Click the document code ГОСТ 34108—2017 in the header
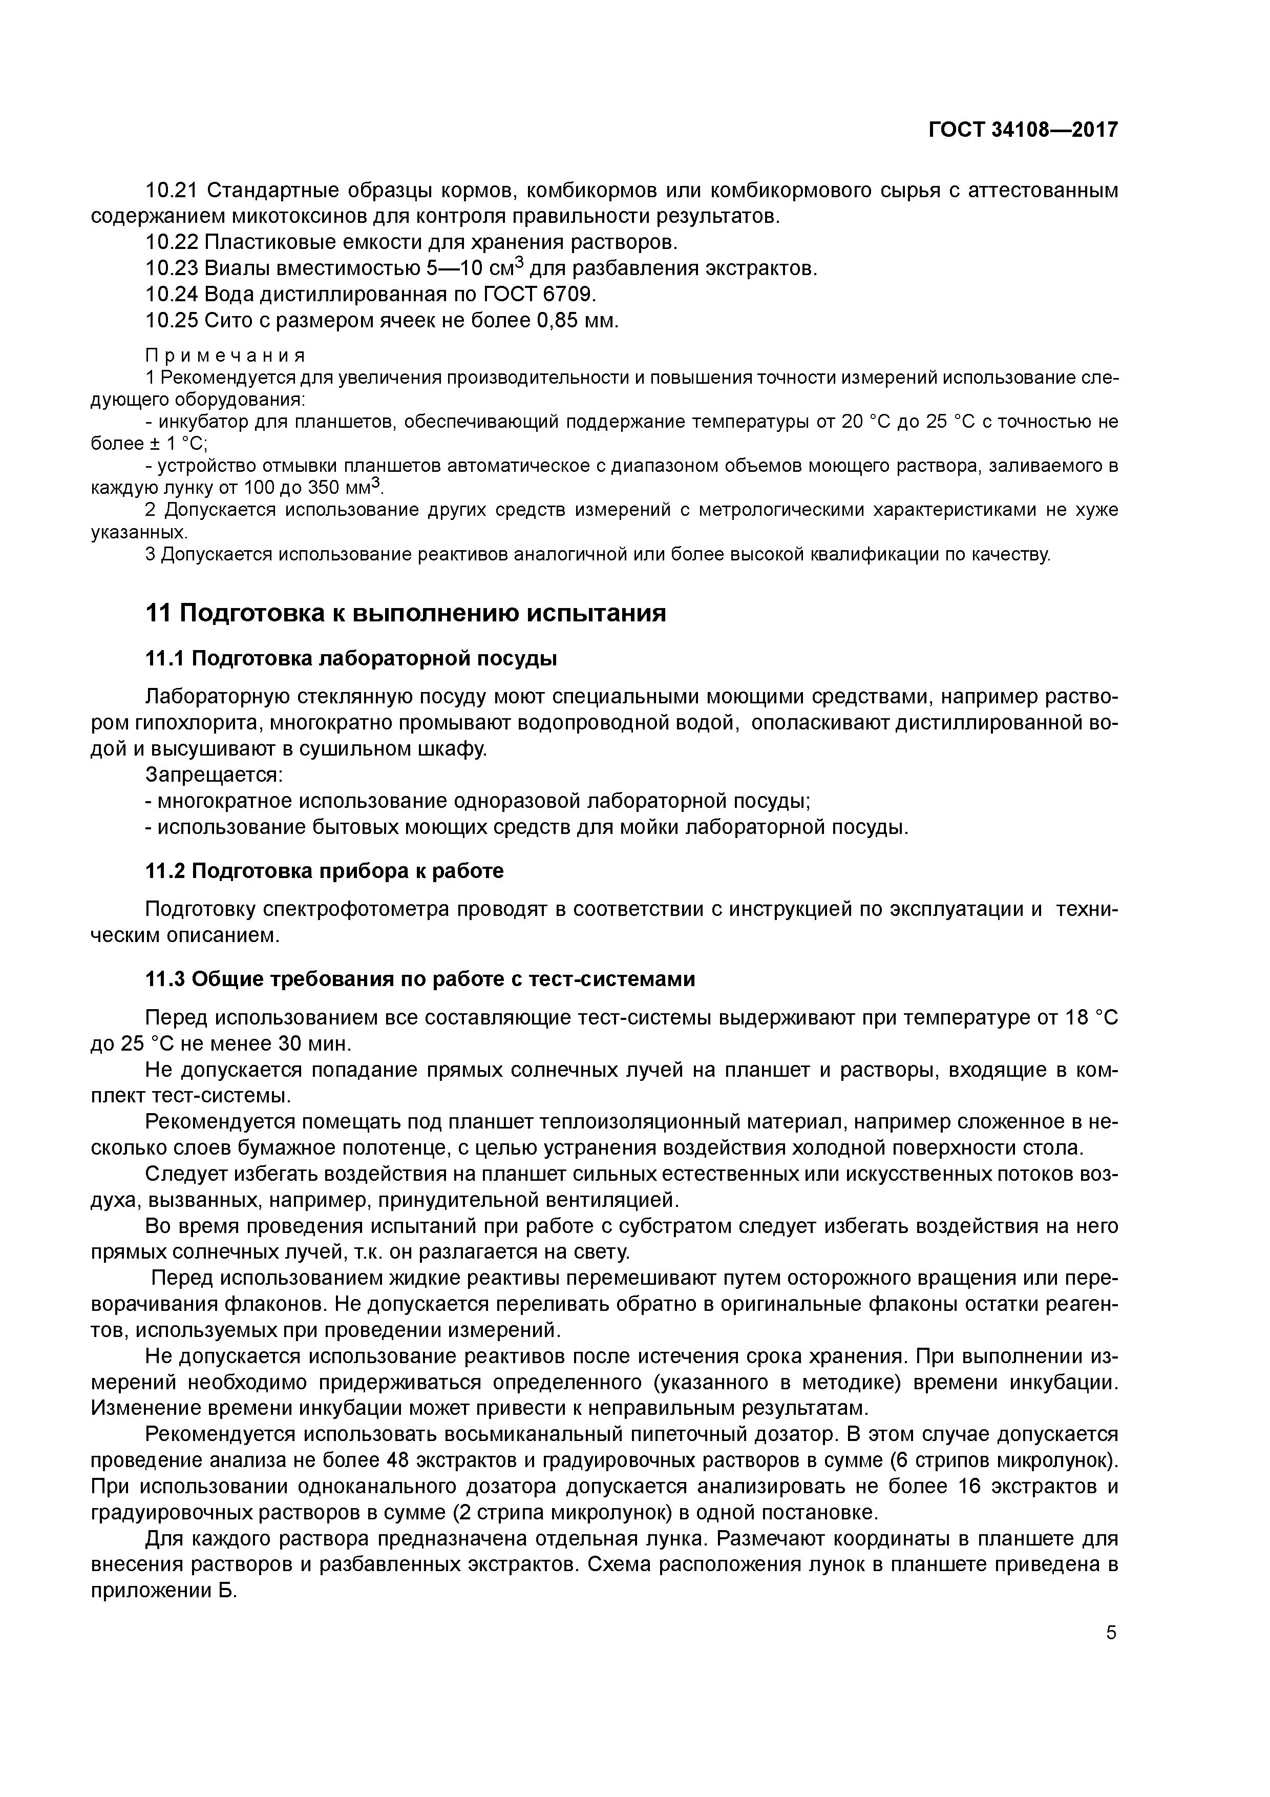point(1023,130)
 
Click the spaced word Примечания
point(225,356)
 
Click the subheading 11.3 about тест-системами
point(420,979)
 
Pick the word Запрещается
point(214,775)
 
